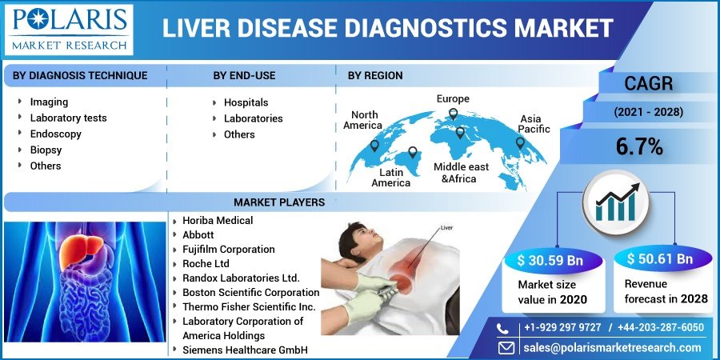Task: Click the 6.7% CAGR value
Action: tap(638, 146)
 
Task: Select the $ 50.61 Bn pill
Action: tap(660, 259)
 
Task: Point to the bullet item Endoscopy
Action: tap(55, 134)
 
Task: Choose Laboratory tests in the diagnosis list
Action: tap(68, 118)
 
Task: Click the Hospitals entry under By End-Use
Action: tap(246, 102)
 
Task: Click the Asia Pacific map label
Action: tap(534, 124)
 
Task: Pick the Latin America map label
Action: tap(390, 178)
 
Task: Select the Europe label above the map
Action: tap(453, 98)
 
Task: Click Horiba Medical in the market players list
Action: tap(217, 220)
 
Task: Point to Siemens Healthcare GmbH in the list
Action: tap(244, 350)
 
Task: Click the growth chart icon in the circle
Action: tap(615, 201)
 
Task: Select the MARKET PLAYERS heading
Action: tap(278, 202)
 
